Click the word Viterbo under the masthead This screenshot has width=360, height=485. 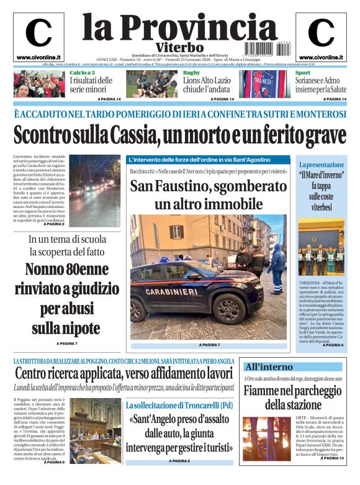(x=179, y=47)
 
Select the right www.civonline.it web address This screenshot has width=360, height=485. (x=321, y=57)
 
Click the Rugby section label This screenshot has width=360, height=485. (x=191, y=73)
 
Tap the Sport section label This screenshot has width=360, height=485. (x=303, y=73)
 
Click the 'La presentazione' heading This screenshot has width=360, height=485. (x=321, y=165)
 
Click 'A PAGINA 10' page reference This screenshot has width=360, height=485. (x=333, y=458)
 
